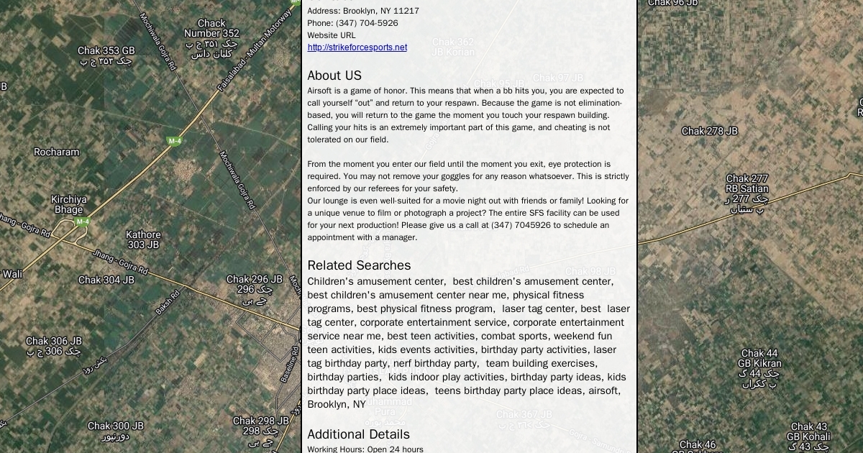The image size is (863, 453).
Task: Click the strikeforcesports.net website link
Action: click(357, 47)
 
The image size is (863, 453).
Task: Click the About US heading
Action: click(334, 75)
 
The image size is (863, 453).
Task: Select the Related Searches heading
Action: click(359, 265)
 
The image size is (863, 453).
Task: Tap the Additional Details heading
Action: click(358, 434)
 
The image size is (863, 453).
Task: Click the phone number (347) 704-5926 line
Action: click(352, 23)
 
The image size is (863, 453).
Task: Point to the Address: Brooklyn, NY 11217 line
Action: click(362, 11)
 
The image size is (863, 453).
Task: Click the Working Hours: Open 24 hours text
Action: click(365, 449)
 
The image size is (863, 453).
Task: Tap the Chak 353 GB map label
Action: click(106, 51)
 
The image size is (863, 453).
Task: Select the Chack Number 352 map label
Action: click(211, 29)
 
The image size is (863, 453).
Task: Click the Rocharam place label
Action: click(57, 152)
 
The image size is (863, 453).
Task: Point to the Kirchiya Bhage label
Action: click(69, 204)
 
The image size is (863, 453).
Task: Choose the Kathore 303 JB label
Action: click(143, 239)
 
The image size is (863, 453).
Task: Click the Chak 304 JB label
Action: click(106, 280)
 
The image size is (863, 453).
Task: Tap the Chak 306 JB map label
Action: click(54, 341)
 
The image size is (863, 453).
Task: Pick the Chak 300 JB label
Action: click(116, 426)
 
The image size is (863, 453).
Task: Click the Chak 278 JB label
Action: click(709, 131)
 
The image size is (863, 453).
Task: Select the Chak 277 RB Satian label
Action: click(747, 184)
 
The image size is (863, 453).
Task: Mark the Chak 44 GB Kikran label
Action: click(759, 358)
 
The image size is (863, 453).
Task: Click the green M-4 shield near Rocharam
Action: click(175, 141)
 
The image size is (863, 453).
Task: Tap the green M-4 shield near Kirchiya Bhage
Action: click(83, 221)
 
